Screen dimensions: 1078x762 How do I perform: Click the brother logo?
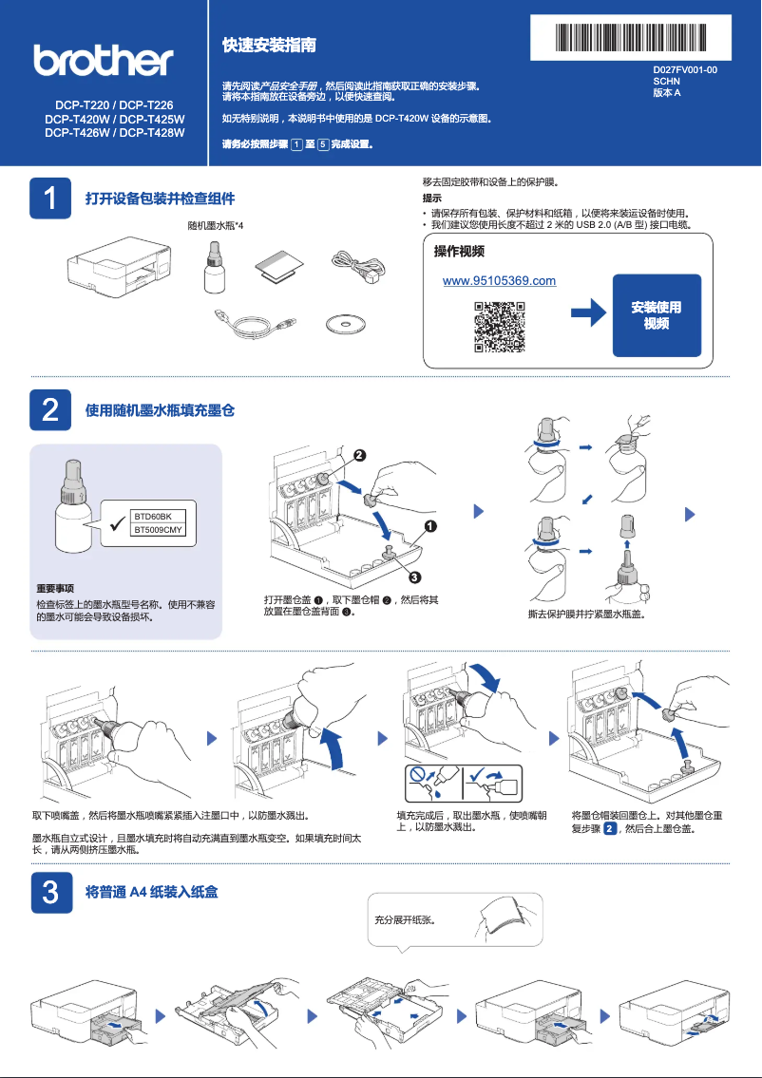[x=105, y=61]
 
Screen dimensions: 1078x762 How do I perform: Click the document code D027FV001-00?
[x=684, y=71]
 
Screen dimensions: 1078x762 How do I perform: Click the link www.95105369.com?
[x=500, y=281]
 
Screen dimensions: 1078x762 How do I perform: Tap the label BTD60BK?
[x=152, y=516]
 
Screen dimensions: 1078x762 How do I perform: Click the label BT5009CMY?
[x=158, y=529]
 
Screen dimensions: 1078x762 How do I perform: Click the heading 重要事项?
[x=55, y=589]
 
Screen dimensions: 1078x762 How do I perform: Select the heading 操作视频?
[x=459, y=252]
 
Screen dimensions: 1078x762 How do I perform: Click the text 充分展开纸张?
[x=405, y=919]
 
